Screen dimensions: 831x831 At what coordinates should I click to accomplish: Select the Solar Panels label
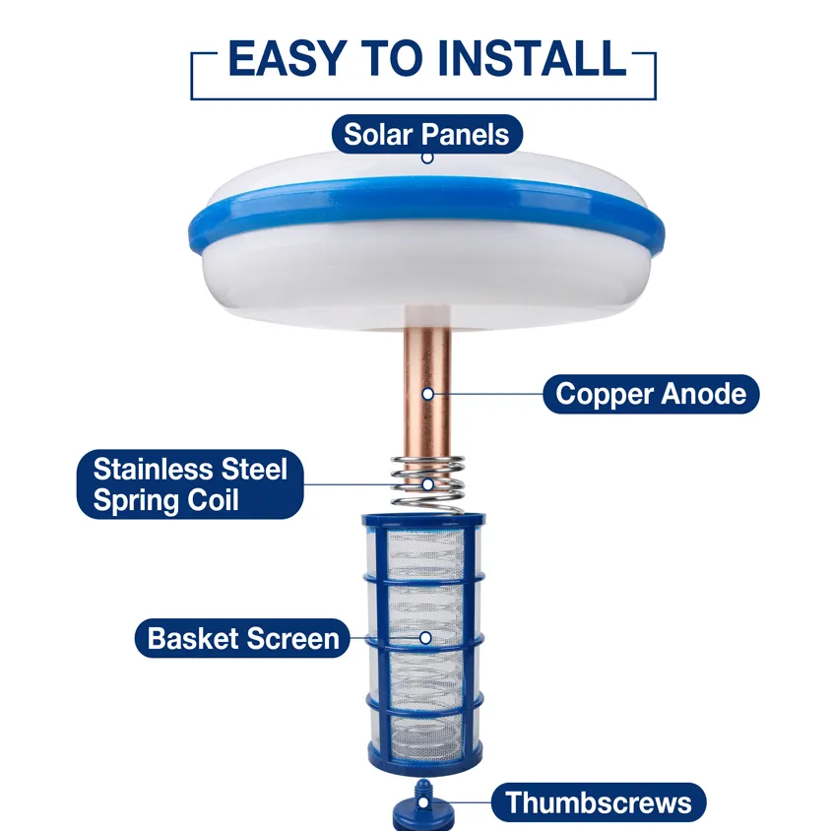426,134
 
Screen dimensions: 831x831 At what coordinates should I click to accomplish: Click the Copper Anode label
651,394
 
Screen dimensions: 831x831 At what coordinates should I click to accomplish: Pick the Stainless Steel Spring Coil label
190,482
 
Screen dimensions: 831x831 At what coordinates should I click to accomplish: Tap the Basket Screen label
242,638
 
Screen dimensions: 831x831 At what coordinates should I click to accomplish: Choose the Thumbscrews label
599,801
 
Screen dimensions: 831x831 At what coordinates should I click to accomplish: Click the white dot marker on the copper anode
427,393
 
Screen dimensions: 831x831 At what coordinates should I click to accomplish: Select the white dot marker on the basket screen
425,638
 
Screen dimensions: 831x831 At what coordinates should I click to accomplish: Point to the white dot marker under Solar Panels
426,158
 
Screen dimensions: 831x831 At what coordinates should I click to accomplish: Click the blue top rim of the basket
425,520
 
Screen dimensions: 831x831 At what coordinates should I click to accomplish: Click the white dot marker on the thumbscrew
425,802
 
